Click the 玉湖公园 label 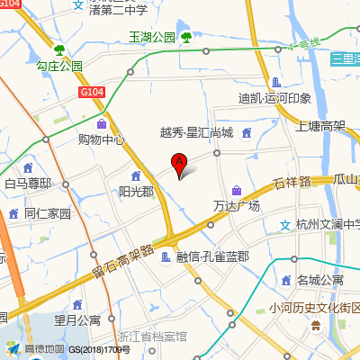[151, 38]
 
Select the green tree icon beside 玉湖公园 [185, 37]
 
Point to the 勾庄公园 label [59, 67]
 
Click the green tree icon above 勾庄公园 [59, 50]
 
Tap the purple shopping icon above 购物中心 [101, 123]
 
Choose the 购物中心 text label [101, 139]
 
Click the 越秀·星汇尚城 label [196, 133]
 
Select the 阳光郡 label [136, 192]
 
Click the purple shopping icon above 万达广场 [236, 190]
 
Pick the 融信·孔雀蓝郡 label [211, 257]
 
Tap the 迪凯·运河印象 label [274, 98]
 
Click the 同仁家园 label [47, 214]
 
